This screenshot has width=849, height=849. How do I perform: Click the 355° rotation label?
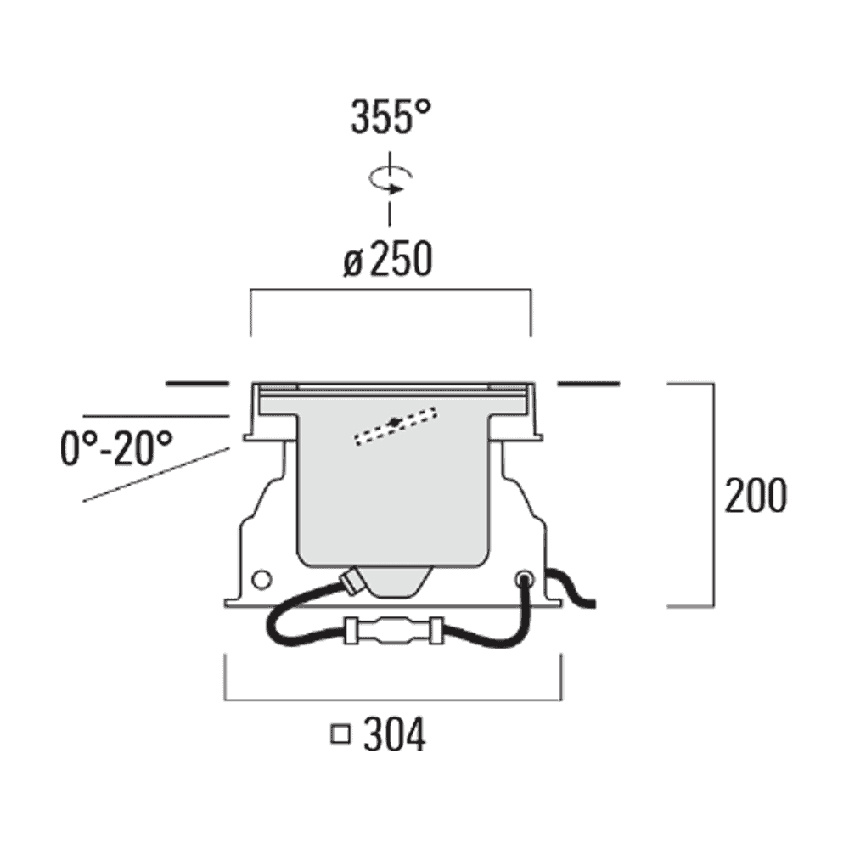click(391, 117)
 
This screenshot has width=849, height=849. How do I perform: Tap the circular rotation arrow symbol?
click(390, 180)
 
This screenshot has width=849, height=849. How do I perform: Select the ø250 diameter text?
click(388, 259)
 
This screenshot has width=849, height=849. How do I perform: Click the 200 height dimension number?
click(756, 496)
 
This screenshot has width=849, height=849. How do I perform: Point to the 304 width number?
click(394, 735)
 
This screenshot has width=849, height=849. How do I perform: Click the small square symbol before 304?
click(340, 734)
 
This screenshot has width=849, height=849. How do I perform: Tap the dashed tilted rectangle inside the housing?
click(396, 426)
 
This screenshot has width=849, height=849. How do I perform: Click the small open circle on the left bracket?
click(261, 580)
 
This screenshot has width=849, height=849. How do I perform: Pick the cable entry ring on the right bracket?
click(524, 579)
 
